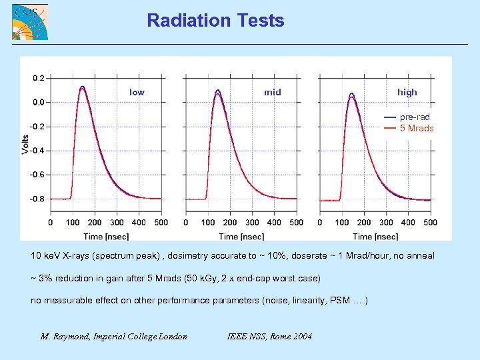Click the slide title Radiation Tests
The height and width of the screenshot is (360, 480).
coord(215,21)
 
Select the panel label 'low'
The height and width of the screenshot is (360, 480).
coord(137,92)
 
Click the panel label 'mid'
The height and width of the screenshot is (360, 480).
coord(272,92)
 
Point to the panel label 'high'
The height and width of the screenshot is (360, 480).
coord(407,92)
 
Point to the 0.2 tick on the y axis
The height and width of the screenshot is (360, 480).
coord(38,78)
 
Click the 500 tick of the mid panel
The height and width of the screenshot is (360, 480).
coord(297,223)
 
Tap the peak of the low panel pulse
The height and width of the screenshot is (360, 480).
coord(83,87)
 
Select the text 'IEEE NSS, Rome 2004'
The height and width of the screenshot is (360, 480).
coord(269,336)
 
